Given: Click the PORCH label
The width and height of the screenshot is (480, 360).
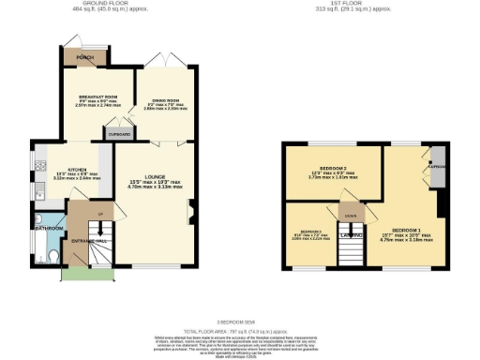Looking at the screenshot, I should pos(84,57).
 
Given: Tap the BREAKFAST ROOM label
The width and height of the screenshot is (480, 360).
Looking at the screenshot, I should pos(97,97).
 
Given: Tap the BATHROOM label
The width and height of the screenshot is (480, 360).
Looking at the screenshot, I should pos(48,228).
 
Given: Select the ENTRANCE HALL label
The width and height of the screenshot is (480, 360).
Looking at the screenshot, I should pos(89,242).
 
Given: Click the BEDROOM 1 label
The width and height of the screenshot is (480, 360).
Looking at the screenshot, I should pos(406,230).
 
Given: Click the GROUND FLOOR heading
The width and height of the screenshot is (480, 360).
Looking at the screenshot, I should pos(104,4).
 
